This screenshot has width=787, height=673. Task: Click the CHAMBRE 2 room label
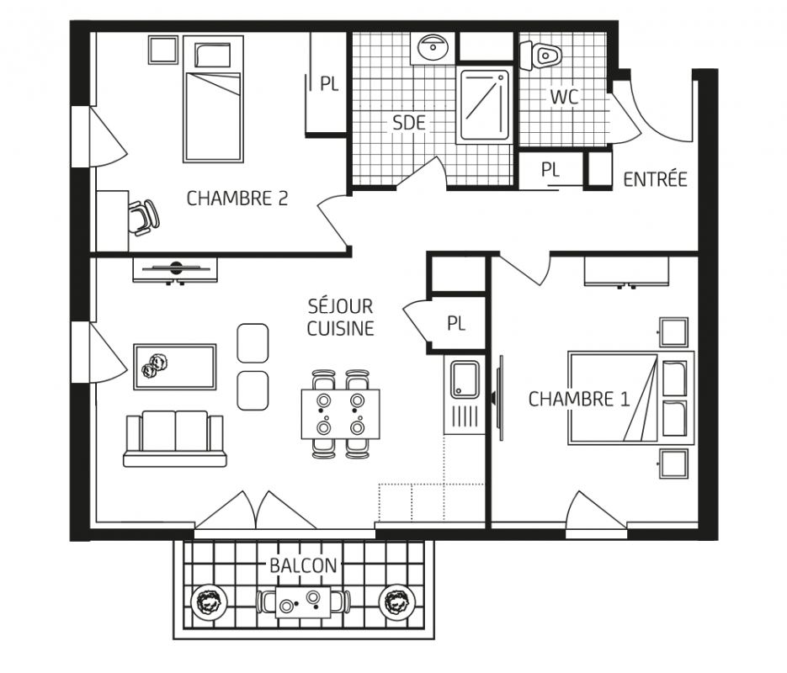click(237, 199)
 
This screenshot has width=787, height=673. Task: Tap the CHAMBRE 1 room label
click(579, 400)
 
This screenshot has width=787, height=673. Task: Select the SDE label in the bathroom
click(409, 123)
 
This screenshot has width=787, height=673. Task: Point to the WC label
click(564, 97)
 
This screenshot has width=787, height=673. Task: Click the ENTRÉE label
click(655, 178)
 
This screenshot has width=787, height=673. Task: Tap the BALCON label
click(303, 565)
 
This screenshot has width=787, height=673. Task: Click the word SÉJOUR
click(340, 306)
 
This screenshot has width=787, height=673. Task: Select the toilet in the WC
click(540, 56)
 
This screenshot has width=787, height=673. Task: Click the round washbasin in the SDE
click(432, 48)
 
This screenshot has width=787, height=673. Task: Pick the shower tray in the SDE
click(484, 106)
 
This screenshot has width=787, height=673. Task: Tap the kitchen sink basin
click(465, 379)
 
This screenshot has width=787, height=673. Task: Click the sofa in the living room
click(175, 439)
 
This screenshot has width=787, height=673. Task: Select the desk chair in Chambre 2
click(144, 217)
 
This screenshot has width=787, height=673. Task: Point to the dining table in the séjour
click(340, 414)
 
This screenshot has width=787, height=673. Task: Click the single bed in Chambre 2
click(213, 98)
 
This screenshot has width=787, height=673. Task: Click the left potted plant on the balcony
click(209, 601)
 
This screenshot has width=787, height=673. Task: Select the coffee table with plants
click(175, 367)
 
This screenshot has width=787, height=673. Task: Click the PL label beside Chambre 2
click(330, 84)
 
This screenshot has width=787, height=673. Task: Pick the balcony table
click(303, 601)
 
